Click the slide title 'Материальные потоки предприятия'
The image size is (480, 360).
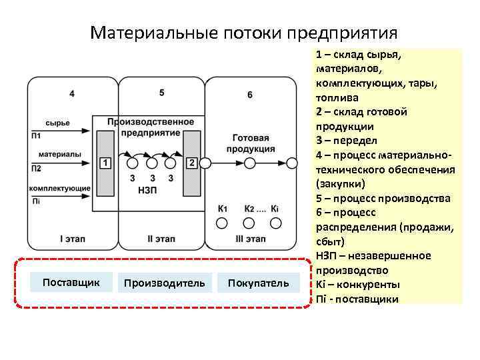tap(244, 33)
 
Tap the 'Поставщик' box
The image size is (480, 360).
tap(71, 283)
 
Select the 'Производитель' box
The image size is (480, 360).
tap(165, 283)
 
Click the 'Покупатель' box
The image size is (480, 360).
tap(259, 283)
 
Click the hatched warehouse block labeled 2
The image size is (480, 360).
tap(192, 163)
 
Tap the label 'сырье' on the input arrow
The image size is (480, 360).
tap(58, 123)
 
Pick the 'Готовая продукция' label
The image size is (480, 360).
tap(252, 143)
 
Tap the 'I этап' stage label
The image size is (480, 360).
tap(71, 238)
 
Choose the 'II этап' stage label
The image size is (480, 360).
tap(161, 238)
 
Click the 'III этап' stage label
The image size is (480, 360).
tap(250, 238)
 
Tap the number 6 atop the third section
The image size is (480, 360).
tap(250, 95)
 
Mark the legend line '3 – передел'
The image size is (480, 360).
tap(347, 141)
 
